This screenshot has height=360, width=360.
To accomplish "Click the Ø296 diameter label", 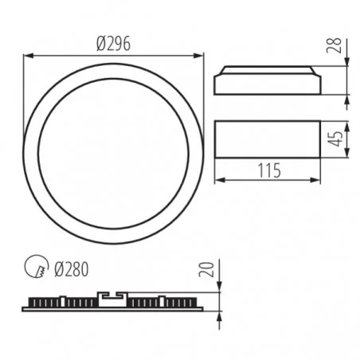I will pos(114,44).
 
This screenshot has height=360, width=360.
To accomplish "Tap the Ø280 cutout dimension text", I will pos(72,270).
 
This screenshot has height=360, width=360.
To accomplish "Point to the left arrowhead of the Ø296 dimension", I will pos(27,54).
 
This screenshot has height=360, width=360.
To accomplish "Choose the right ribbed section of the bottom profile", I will pos(163,303).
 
